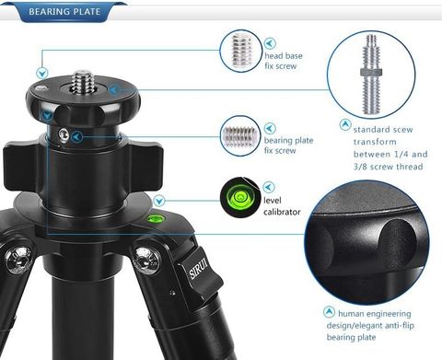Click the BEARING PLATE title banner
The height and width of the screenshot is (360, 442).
click(x=64, y=12)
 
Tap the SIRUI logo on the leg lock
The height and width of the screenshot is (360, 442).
click(x=199, y=269)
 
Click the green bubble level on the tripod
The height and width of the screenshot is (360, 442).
click(x=156, y=218)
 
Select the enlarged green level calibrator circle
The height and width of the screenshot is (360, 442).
click(x=240, y=197)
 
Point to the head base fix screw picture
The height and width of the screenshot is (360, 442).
click(x=241, y=51)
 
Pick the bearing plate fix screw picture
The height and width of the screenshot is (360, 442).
click(x=241, y=136)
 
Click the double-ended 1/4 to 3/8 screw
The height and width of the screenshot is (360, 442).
click(x=371, y=74)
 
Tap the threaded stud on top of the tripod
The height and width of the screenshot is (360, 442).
click(x=83, y=82)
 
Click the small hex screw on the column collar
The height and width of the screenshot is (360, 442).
click(x=64, y=134)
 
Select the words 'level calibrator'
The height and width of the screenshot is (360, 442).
click(x=282, y=206)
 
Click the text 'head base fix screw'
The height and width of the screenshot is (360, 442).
click(x=284, y=61)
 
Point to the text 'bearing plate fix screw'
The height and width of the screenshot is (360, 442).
click(x=288, y=145)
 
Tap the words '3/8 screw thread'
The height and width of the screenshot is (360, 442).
click(x=388, y=167)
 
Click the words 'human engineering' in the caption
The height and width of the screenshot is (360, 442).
click(x=374, y=314)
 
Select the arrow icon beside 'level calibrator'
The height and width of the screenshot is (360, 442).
click(x=269, y=187)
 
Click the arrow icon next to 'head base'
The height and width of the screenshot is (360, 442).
click(x=270, y=43)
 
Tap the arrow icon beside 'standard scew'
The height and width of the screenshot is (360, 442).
click(x=345, y=125)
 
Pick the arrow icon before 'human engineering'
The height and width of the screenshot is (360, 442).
click(x=329, y=312)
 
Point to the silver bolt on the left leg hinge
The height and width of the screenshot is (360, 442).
click(x=18, y=257)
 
